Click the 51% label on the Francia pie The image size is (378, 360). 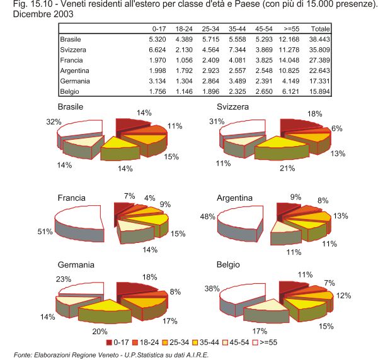(45, 232)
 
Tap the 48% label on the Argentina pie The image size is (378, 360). (209, 218)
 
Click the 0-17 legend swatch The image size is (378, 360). (110, 342)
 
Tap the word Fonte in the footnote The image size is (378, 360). (23, 354)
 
